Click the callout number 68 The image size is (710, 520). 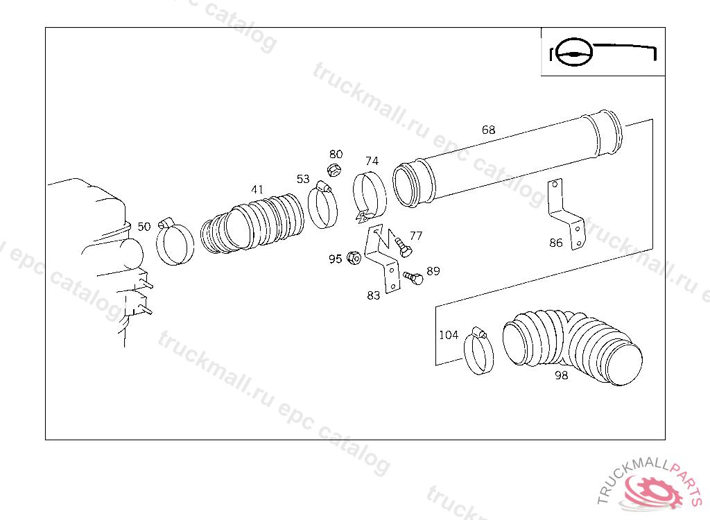tap(488, 130)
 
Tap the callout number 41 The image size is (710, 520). tap(257, 189)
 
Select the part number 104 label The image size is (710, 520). tap(449, 335)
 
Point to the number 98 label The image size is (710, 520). tap(561, 375)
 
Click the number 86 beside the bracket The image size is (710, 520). tap(556, 243)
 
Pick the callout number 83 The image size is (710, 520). tap(373, 295)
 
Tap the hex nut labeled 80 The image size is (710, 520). tap(334, 171)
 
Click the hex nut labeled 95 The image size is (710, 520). tap(354, 258)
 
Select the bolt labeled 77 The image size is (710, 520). tap(401, 246)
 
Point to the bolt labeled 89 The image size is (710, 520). tap(413, 277)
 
